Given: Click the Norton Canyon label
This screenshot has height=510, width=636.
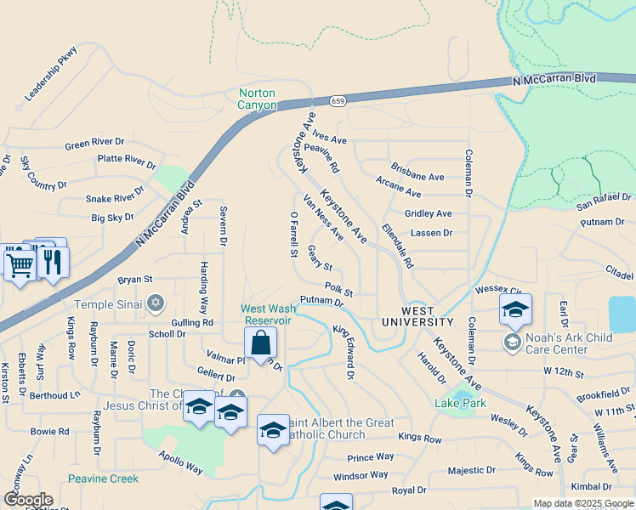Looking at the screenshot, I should coord(258,99).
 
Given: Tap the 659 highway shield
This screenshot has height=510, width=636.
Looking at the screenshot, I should coord(339,100).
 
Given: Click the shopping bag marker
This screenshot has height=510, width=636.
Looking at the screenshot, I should coord(260,344).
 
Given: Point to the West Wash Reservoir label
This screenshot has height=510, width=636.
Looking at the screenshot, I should coord(268,314).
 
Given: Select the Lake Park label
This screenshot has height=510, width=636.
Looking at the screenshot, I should coord(460,403).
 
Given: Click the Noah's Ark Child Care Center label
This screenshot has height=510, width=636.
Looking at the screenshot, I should coord(567,343).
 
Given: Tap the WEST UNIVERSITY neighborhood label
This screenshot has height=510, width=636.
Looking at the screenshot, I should coord(417,315).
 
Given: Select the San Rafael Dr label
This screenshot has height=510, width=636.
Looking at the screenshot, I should coord(605,202).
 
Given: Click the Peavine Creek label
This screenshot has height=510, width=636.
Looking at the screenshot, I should coord(103,479).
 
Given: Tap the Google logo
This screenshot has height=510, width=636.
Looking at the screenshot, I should coord(27,500).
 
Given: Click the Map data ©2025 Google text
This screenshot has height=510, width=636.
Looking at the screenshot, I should coord(582,504).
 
